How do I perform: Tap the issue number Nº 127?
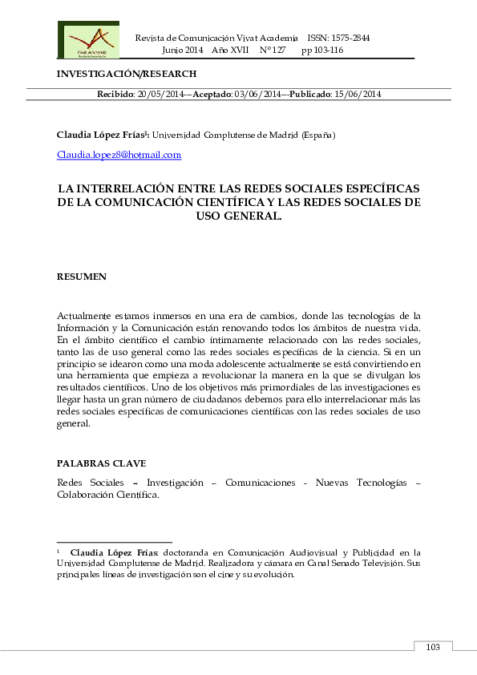point(273,50)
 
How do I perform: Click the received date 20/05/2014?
point(160,94)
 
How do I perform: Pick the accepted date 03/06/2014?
point(258,94)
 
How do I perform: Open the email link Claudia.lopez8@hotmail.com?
point(119,155)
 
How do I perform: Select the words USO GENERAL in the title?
point(239,216)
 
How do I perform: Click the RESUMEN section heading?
point(81,277)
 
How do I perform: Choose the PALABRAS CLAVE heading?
point(101,464)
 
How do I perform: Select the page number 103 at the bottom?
point(433,647)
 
